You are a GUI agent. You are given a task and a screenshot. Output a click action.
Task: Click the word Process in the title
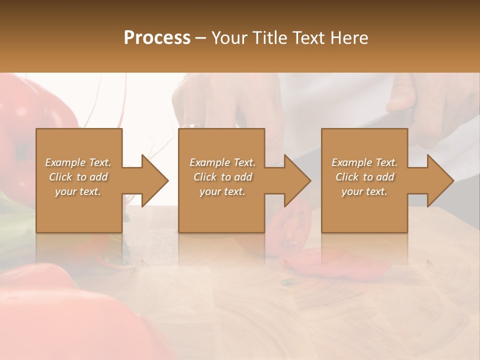pyautogui.click(x=157, y=37)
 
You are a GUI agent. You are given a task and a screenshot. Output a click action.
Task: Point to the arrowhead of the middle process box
pyautogui.click(x=297, y=180)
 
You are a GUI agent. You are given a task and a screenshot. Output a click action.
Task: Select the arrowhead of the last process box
pyautogui.click(x=440, y=180)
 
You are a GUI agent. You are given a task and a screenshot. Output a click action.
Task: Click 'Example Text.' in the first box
pyautogui.click(x=78, y=162)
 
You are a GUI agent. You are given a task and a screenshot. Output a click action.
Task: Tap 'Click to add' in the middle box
pyautogui.click(x=222, y=177)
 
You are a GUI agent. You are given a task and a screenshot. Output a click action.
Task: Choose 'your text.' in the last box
pyautogui.click(x=364, y=191)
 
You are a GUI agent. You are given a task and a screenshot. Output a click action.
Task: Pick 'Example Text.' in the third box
pyautogui.click(x=364, y=162)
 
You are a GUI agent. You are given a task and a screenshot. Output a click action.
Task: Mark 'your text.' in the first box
pyautogui.click(x=78, y=191)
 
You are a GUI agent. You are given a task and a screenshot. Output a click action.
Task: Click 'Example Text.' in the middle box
pyautogui.click(x=222, y=162)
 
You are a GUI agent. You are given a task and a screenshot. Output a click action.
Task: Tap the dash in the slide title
pyautogui.click(x=201, y=38)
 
